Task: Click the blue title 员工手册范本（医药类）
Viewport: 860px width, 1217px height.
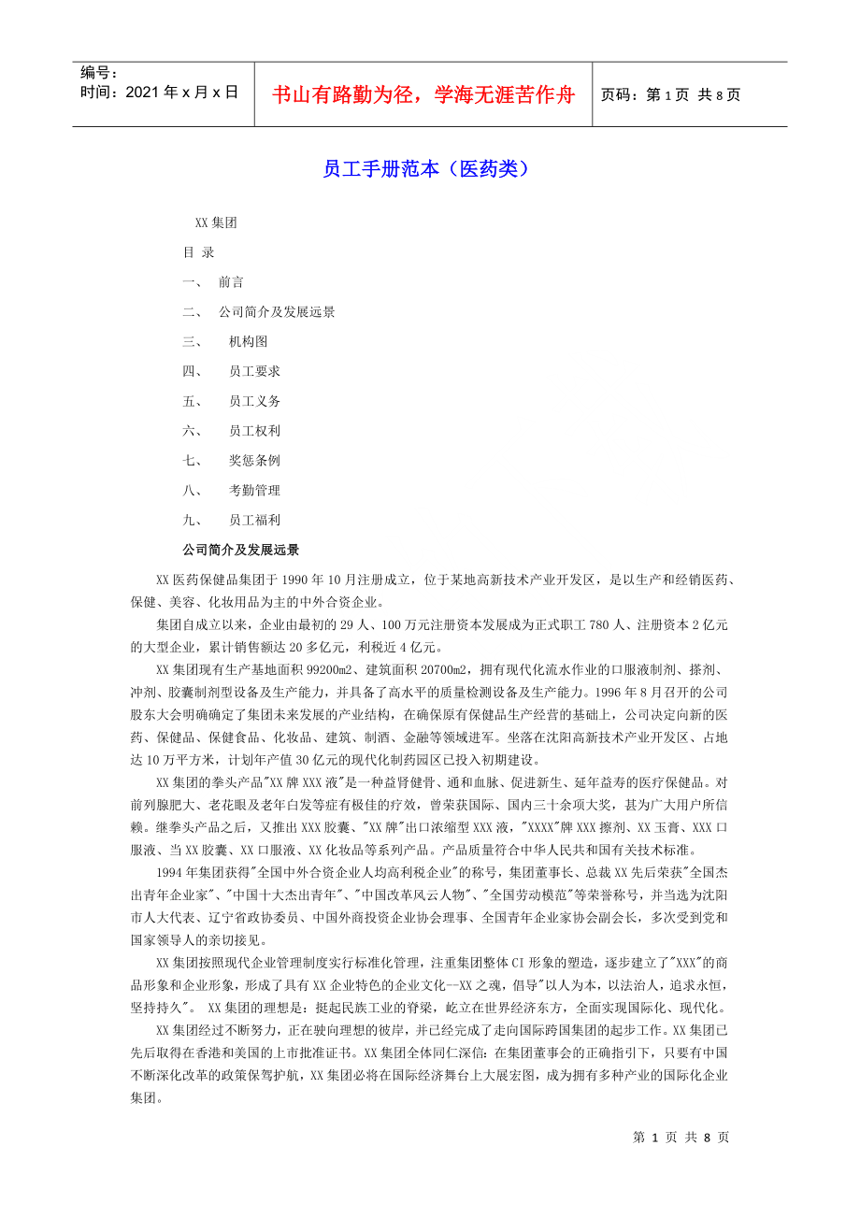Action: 426,169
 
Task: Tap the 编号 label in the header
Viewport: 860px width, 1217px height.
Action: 98,73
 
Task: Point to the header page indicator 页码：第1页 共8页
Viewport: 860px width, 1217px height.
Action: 670,94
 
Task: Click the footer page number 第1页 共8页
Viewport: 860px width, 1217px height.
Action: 681,1137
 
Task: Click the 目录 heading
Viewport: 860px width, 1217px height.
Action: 198,252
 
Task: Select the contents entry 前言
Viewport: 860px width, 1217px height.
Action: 231,282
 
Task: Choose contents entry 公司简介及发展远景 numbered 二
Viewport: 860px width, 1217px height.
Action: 277,312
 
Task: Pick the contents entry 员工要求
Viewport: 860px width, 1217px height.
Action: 254,371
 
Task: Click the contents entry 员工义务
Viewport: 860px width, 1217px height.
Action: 254,401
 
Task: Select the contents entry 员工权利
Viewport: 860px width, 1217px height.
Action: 254,431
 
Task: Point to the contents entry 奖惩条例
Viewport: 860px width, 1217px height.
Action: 254,461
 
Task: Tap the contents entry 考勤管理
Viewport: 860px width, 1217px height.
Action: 254,490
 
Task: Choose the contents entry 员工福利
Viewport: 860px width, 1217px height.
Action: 254,520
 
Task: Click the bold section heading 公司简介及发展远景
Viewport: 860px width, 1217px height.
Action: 240,550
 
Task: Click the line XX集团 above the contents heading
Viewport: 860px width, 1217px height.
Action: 216,222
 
